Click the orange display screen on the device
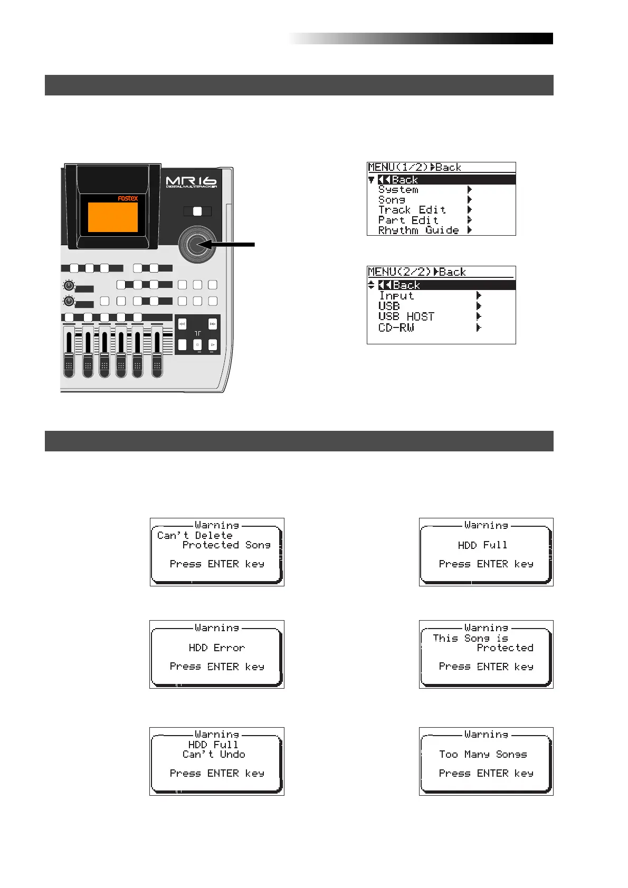(x=112, y=217)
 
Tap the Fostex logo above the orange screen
(x=127, y=198)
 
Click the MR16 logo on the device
(x=191, y=181)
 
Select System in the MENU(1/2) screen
(x=398, y=190)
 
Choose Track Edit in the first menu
(x=412, y=210)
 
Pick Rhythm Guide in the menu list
(x=418, y=230)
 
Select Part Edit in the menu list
(x=408, y=220)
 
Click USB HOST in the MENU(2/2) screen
(x=406, y=317)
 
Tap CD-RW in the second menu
(x=396, y=328)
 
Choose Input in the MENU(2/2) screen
(x=396, y=296)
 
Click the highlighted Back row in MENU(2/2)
(x=441, y=285)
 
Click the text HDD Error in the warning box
(x=216, y=648)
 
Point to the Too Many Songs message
(x=483, y=755)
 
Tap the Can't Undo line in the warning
(x=214, y=755)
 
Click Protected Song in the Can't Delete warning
(x=226, y=545)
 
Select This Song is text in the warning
(x=470, y=639)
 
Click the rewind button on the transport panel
(x=182, y=324)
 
